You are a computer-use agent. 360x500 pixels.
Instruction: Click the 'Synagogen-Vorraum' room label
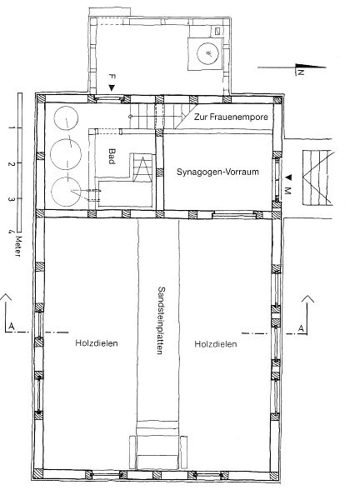coord(217,172)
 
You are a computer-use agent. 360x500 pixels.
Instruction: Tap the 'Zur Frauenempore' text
coord(231,117)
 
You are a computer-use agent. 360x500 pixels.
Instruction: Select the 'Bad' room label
coord(112,157)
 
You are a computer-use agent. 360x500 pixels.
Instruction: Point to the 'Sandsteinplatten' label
coord(161,321)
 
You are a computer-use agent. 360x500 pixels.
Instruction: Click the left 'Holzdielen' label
coord(97,343)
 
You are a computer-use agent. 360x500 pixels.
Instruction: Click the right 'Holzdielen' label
coord(216,344)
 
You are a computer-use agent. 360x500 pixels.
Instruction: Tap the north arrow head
coord(311,67)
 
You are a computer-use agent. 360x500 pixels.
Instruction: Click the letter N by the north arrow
coord(300,72)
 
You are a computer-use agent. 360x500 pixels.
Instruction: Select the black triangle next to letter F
coord(112,87)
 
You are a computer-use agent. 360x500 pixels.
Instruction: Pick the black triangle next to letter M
coord(288,177)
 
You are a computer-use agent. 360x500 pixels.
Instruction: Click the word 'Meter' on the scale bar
coord(17,246)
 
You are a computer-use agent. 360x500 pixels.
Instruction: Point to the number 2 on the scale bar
coord(12,164)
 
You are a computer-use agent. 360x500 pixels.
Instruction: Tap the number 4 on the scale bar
coord(11,231)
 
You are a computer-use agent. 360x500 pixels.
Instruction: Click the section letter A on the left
coord(12,326)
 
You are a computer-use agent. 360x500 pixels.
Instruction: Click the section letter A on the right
coord(301,327)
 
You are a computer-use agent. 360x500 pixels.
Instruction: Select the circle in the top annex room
coord(208,53)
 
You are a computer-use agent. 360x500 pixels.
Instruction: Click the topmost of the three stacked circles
coord(66,117)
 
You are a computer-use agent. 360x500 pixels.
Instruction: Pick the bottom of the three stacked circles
coord(66,192)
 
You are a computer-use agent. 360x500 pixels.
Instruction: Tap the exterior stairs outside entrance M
coord(317,177)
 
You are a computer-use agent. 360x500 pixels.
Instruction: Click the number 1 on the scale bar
coord(12,127)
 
